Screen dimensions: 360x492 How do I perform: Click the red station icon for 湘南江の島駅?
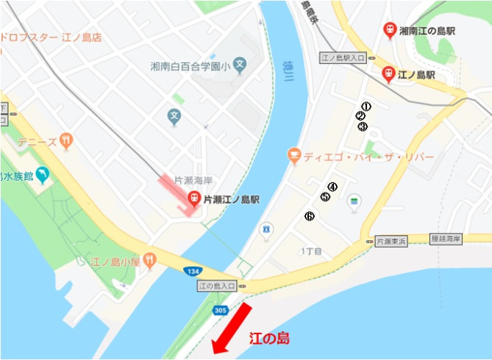[389, 30]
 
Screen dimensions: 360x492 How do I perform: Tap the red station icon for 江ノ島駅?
[388, 73]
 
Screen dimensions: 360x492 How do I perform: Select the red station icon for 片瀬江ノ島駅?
[193, 198]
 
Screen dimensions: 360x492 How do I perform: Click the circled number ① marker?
[366, 106]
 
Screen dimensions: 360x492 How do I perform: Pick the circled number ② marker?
[360, 116]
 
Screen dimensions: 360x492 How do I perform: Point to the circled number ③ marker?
[363, 126]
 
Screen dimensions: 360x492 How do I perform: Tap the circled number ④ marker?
[332, 187]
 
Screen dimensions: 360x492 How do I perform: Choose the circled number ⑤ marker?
[325, 197]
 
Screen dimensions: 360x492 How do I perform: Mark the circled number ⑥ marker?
[309, 216]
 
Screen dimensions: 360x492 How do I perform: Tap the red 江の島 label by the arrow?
[269, 339]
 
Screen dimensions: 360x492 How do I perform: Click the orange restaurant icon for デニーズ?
[67, 140]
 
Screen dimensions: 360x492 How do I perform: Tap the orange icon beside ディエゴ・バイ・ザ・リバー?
[294, 155]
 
